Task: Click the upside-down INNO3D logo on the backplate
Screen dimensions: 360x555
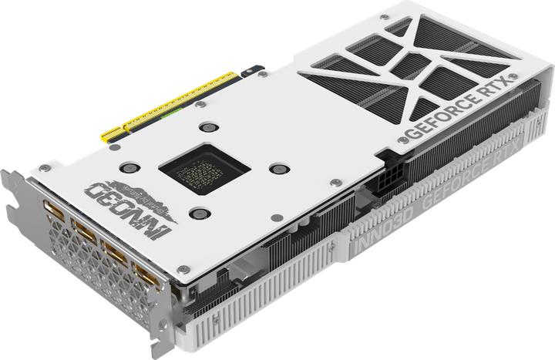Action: tap(134, 202)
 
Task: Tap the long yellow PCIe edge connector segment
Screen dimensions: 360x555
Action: tap(182, 101)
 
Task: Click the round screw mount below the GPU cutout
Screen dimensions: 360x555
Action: tap(198, 214)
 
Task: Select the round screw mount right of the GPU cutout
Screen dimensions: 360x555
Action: tap(280, 169)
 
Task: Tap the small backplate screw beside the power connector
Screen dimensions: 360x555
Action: tap(336, 183)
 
